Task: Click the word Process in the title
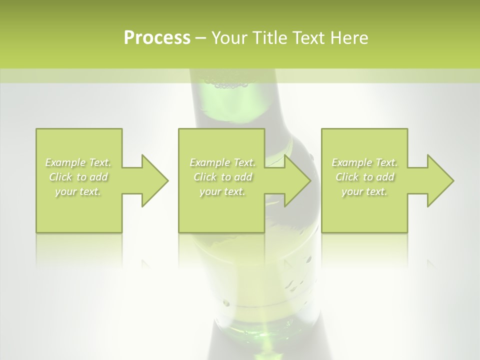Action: pos(157,38)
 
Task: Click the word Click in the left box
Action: pos(60,177)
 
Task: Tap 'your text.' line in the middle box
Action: pos(222,191)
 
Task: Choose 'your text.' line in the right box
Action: pos(364,191)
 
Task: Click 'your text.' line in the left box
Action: pos(78,191)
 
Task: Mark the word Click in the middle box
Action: pos(204,177)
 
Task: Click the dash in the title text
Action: pos(200,38)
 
